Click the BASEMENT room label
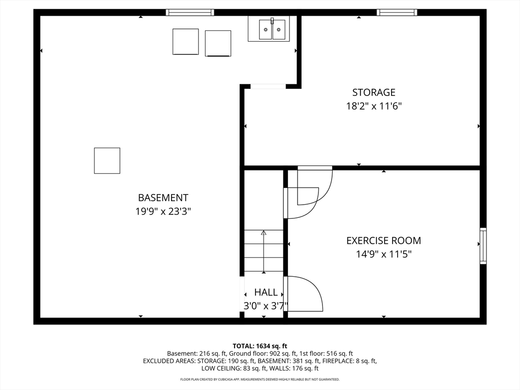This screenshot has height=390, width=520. pyautogui.click(x=163, y=198)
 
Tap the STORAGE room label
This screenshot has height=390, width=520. pyautogui.click(x=374, y=92)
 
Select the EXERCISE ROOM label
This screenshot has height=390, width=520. pyautogui.click(x=383, y=241)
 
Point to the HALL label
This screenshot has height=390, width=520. pyautogui.click(x=266, y=292)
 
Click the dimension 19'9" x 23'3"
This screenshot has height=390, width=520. pyautogui.click(x=163, y=211)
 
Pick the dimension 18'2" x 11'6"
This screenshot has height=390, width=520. pyautogui.click(x=374, y=106)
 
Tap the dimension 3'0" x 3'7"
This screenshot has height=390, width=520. pyautogui.click(x=266, y=306)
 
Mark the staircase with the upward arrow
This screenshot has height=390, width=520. pyautogui.click(x=264, y=251)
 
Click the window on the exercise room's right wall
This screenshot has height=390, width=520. pyautogui.click(x=483, y=246)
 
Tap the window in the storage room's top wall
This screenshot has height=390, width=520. pyautogui.click(x=397, y=13)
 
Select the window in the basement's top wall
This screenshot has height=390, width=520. pyautogui.click(x=190, y=13)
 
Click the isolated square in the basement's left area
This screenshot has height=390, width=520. pyautogui.click(x=107, y=160)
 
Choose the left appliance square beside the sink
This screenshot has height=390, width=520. pyautogui.click(x=186, y=42)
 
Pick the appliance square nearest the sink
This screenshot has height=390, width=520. pyautogui.click(x=218, y=43)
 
